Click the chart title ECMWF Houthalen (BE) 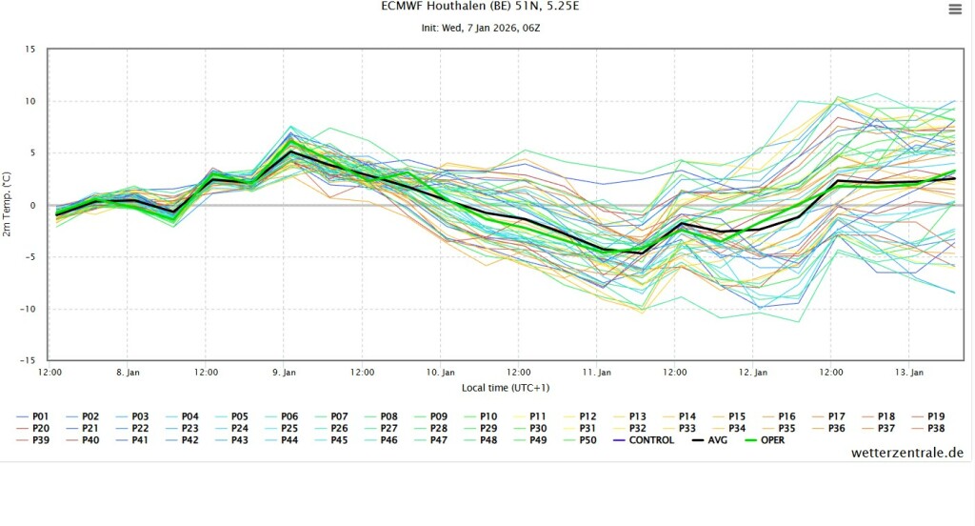(480, 7)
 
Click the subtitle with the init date (480, 28)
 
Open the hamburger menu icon (955, 10)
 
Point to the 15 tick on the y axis (30, 50)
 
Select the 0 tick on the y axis (32, 206)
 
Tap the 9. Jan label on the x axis (285, 372)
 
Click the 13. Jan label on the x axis (909, 372)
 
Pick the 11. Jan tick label (597, 372)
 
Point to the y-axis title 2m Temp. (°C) (8, 206)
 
